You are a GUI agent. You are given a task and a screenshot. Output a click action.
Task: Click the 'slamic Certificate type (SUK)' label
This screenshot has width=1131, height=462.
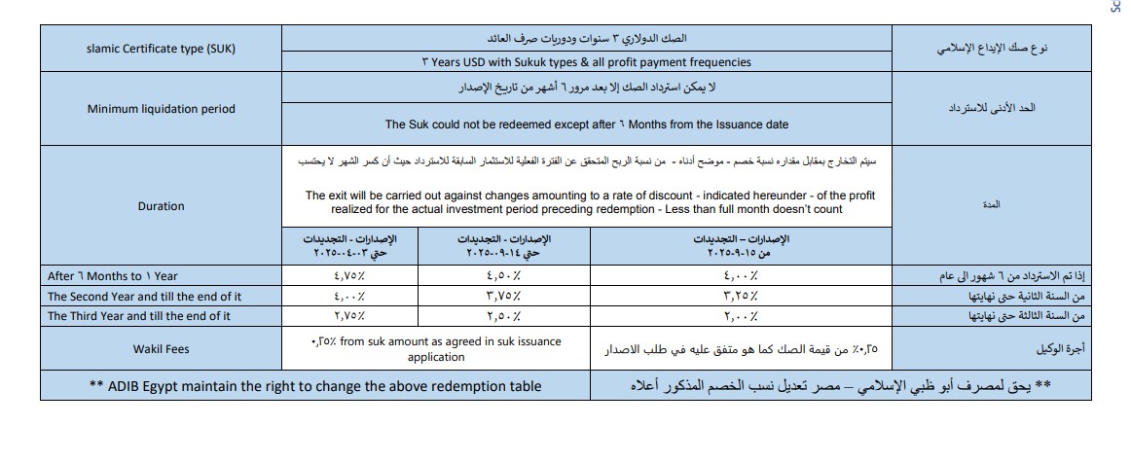tap(161, 49)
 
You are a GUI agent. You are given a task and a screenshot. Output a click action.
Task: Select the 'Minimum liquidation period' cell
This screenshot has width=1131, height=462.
tap(161, 109)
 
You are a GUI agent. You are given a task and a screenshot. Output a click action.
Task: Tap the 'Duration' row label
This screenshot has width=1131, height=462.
tap(161, 206)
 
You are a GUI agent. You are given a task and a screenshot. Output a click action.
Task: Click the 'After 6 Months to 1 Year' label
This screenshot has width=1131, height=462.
tap(112, 276)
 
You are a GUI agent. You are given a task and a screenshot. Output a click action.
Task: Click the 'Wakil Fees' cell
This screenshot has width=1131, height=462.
tap(161, 349)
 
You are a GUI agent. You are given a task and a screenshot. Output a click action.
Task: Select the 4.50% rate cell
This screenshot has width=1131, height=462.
tap(503, 276)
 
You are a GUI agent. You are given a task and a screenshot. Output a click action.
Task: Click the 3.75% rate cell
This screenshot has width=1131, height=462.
tap(503, 297)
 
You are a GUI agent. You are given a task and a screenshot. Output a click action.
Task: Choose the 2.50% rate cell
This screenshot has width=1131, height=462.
tap(503, 316)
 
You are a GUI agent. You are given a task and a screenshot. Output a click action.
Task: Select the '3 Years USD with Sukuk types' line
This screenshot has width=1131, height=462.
tap(587, 62)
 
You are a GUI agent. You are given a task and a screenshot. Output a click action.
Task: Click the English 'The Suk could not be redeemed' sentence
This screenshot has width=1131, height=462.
tap(587, 124)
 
